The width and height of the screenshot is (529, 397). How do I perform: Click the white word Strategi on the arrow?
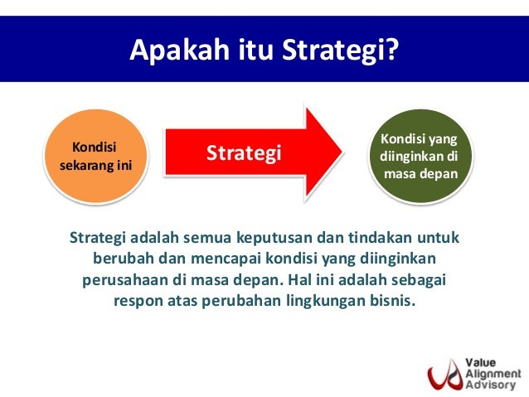[244, 153]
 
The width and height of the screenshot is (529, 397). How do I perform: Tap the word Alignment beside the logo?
[492, 372]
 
